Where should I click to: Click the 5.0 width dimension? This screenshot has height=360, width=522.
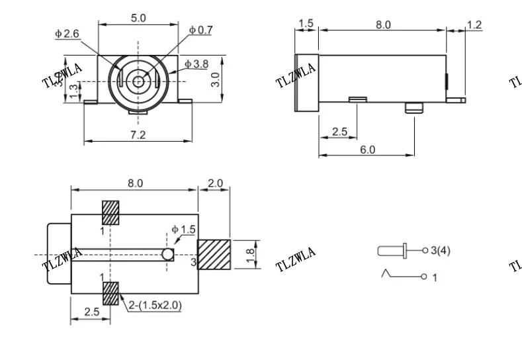tap(138, 18)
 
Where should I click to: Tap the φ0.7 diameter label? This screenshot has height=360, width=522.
tap(201, 30)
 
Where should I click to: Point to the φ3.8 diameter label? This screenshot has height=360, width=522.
tap(196, 64)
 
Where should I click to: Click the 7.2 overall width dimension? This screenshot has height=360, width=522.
tap(138, 134)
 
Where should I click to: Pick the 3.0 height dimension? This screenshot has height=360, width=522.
tap(215, 80)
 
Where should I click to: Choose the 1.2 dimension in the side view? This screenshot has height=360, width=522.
tap(474, 25)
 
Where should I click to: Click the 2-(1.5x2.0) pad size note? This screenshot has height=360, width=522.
tap(155, 305)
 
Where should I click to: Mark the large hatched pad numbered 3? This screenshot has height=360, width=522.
tap(214, 255)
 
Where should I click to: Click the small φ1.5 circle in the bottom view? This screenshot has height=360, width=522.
tap(168, 254)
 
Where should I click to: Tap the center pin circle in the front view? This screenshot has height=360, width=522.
tap(138, 81)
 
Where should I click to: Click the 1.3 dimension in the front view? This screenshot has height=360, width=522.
tap(74, 89)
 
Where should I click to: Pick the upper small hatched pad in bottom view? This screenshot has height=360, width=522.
tap(110, 212)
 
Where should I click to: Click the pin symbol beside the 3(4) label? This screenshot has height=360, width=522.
tap(394, 251)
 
